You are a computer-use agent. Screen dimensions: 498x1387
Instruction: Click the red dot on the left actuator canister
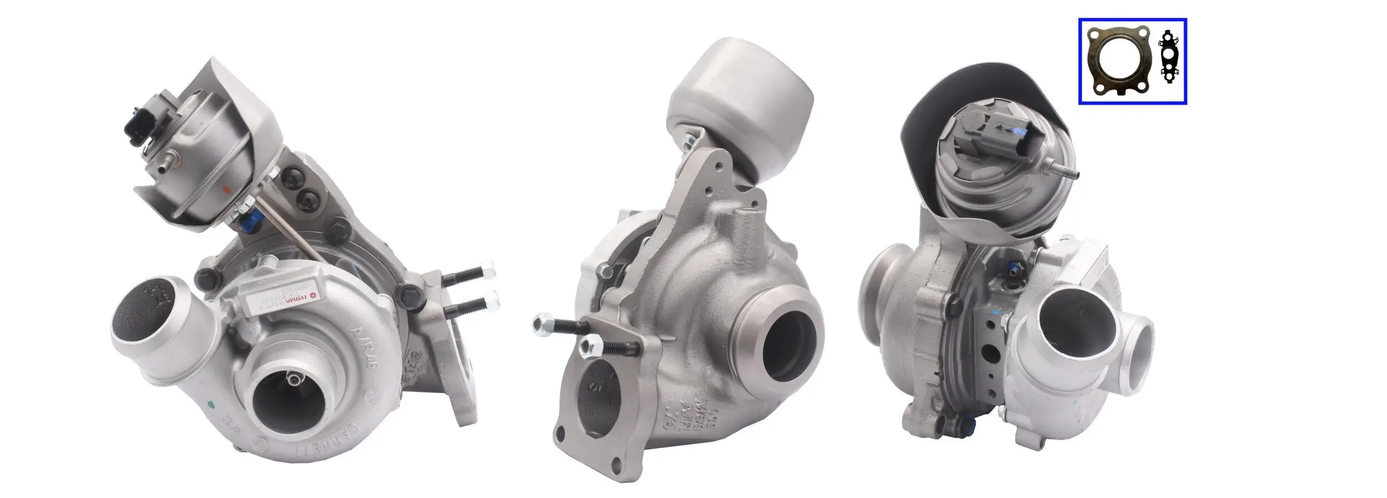[x=225, y=190]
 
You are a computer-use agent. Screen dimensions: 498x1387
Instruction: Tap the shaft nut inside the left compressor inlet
[x=293, y=379]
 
